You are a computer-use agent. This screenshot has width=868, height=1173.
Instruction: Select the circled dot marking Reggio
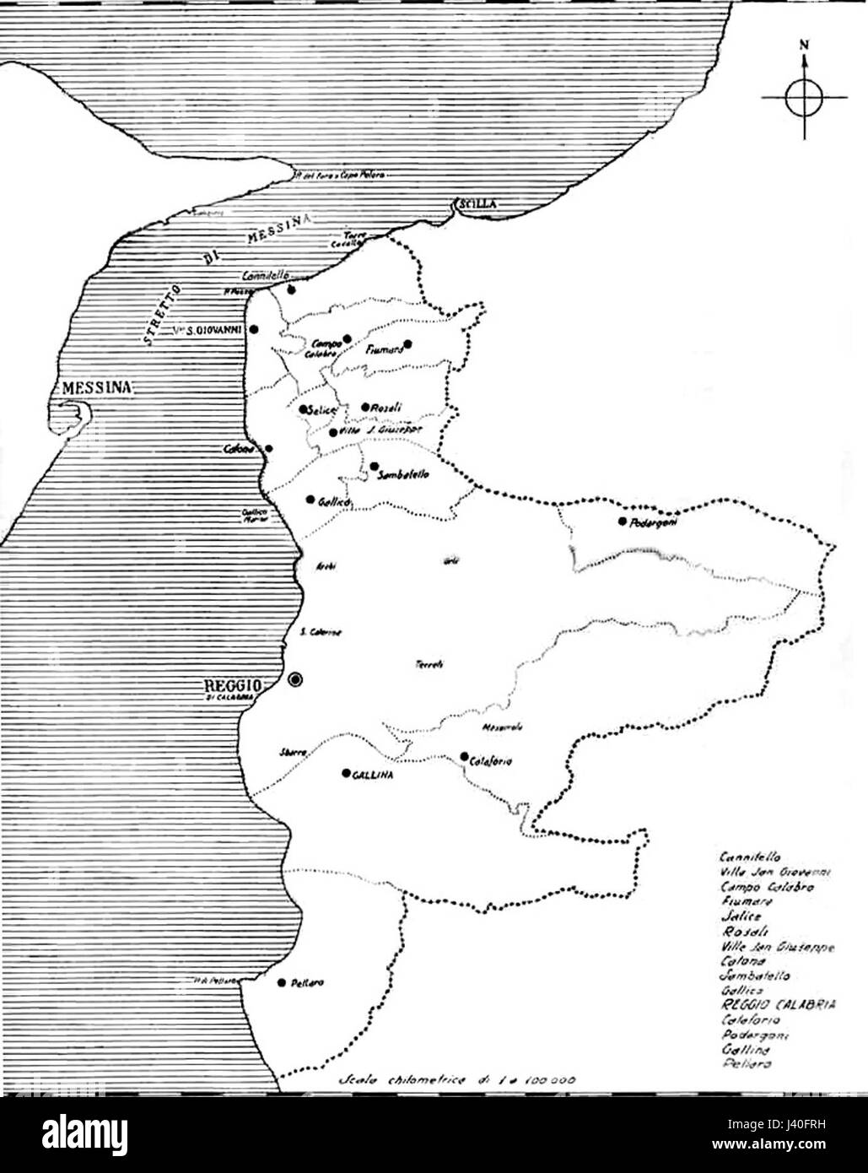pyautogui.click(x=294, y=679)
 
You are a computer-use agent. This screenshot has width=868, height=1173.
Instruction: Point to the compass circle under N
pyautogui.click(x=804, y=98)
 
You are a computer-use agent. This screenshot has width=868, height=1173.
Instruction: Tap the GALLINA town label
pyautogui.click(x=375, y=774)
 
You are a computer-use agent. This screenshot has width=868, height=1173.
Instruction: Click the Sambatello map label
pyautogui.click(x=406, y=474)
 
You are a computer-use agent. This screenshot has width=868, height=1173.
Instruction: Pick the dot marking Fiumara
pyautogui.click(x=407, y=343)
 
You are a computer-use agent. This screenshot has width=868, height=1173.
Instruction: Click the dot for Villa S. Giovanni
pyautogui.click(x=255, y=329)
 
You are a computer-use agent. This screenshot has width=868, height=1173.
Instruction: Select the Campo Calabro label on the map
pyautogui.click(x=327, y=348)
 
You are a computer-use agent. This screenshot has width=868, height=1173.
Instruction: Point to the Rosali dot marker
pyautogui.click(x=365, y=407)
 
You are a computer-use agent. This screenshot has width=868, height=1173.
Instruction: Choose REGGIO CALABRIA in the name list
pyautogui.click(x=778, y=1004)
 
